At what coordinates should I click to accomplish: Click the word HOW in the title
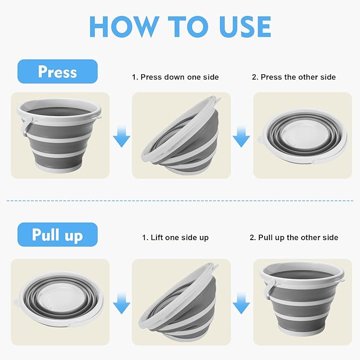pyautogui.click(x=124, y=27)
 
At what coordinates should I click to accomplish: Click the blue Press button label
pyautogui.click(x=57, y=72)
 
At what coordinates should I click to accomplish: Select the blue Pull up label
pyautogui.click(x=57, y=234)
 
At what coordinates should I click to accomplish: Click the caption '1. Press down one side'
pyautogui.click(x=175, y=77)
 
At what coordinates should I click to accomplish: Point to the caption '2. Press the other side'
pyautogui.click(x=294, y=77)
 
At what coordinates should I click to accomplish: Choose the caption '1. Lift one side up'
pyautogui.click(x=175, y=238)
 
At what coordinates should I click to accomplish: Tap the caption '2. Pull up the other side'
pyautogui.click(x=294, y=238)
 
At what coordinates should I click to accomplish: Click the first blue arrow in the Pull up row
pyautogui.click(x=122, y=303)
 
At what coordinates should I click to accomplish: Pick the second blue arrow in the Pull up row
pyautogui.click(x=241, y=303)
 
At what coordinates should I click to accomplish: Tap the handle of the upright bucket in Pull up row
pyautogui.click(x=267, y=291)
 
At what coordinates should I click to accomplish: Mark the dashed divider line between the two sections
pyautogui.click(x=180, y=201)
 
